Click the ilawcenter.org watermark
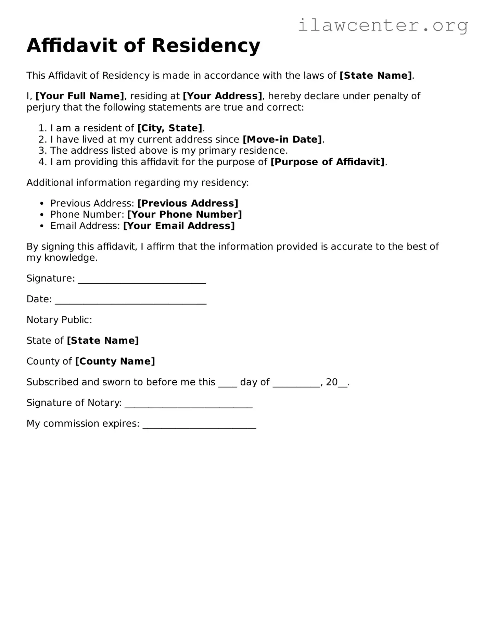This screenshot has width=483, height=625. pyautogui.click(x=383, y=25)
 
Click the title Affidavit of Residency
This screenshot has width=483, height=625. pyautogui.click(x=143, y=46)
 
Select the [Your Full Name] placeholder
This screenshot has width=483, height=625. pyautogui.click(x=80, y=96)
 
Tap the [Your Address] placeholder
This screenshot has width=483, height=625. pyautogui.click(x=223, y=96)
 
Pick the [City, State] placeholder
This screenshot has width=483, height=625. pyautogui.click(x=170, y=128)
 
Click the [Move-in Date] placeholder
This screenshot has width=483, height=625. pyautogui.click(x=282, y=139)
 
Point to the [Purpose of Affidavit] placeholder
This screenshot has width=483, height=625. pyautogui.click(x=328, y=162)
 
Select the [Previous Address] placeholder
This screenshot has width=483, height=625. pyautogui.click(x=188, y=203)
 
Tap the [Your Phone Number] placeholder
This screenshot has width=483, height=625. pyautogui.click(x=184, y=215)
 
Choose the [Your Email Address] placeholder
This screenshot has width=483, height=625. pyautogui.click(x=179, y=226)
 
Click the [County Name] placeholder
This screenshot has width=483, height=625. pyautogui.click(x=115, y=361)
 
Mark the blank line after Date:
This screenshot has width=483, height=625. pyautogui.click(x=130, y=302)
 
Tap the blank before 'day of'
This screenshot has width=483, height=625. pyautogui.click(x=228, y=385)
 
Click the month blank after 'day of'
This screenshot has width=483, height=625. pyautogui.click(x=296, y=385)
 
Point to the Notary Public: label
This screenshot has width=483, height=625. pyautogui.click(x=59, y=320)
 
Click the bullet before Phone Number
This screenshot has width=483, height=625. pyautogui.click(x=42, y=215)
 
